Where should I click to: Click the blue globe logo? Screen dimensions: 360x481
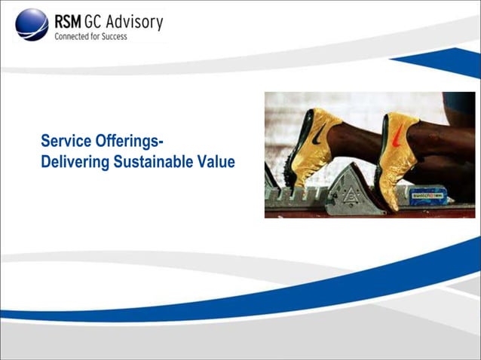31,25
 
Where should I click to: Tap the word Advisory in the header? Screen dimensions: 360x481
136,22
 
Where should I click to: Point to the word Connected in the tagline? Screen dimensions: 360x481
73,36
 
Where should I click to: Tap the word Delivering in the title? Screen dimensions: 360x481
73,161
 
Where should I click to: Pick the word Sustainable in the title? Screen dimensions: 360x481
154,161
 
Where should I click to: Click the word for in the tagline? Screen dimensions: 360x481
99,36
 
